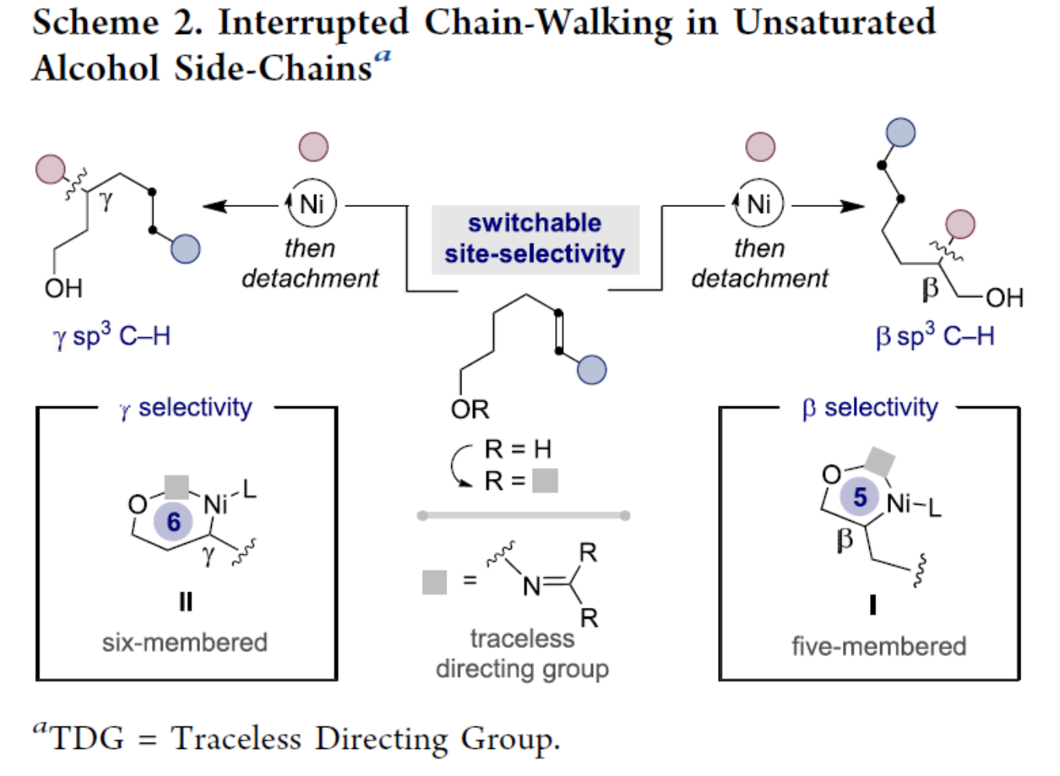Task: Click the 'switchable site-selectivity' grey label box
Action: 535,239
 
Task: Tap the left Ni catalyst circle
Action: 312,204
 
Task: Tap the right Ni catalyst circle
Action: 759,204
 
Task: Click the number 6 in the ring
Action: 174,522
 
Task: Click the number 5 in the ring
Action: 860,497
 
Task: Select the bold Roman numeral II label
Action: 186,602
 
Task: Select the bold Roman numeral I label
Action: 873,605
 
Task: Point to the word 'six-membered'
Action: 185,643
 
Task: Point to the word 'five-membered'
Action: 879,646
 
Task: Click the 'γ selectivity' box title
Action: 186,408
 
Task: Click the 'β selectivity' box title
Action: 870,408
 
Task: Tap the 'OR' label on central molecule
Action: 470,409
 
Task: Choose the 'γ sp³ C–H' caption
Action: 112,336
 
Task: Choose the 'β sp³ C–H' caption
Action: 935,336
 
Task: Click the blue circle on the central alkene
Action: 592,371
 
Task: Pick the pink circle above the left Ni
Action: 313,147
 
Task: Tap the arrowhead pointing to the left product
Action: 213,206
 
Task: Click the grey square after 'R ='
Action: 545,481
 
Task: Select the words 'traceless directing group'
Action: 522,654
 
